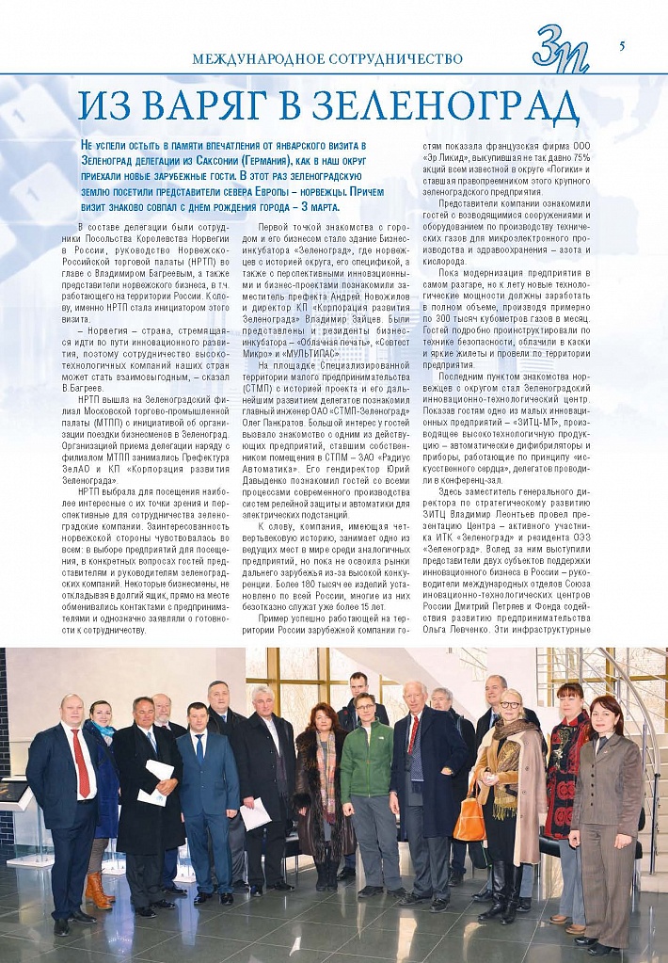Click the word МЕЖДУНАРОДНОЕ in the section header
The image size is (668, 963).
pos(248,58)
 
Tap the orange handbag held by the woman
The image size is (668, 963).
pos(469,819)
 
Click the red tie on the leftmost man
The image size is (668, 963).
pos(82,763)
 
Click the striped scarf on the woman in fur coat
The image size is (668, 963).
pos(326,772)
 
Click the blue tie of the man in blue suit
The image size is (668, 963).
pos(199,747)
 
